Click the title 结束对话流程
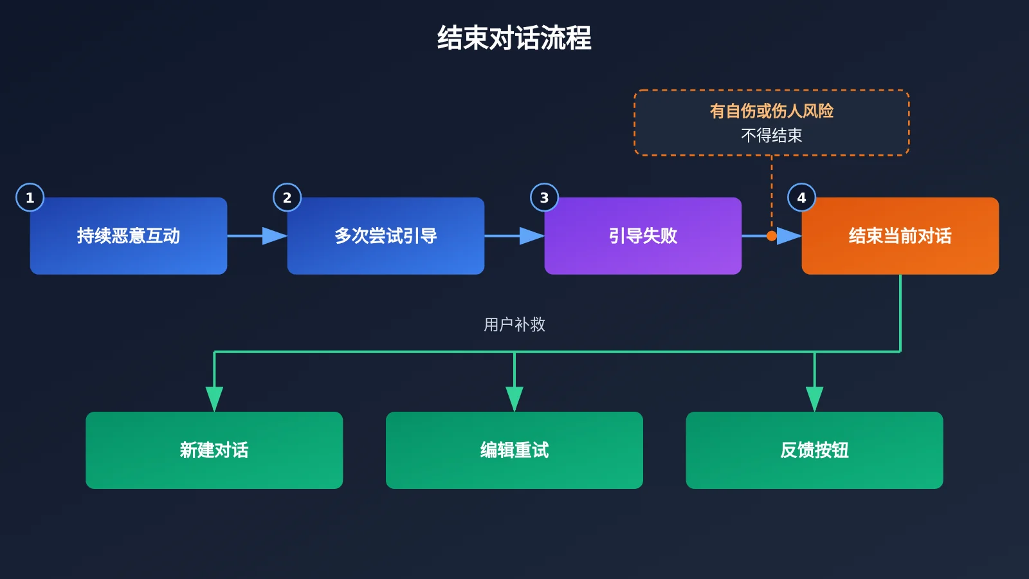pyautogui.click(x=514, y=38)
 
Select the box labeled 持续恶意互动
pyautogui.click(x=129, y=235)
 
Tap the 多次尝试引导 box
pyautogui.click(x=386, y=235)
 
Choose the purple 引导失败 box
pyautogui.click(x=643, y=235)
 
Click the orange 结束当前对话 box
pyautogui.click(x=900, y=235)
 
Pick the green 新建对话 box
pyautogui.click(x=214, y=450)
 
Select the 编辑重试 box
pyautogui.click(x=514, y=450)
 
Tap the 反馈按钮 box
pyautogui.click(x=814, y=450)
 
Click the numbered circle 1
pyautogui.click(x=30, y=198)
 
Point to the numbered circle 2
pyautogui.click(x=287, y=198)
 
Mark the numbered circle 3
pyautogui.click(x=544, y=198)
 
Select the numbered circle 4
pyautogui.click(x=801, y=198)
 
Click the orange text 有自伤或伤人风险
pyautogui.click(x=772, y=111)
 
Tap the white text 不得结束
pyautogui.click(x=772, y=136)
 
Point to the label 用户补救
pyautogui.click(x=514, y=324)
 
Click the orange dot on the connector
pyautogui.click(x=772, y=235)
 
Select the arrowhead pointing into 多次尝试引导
pyautogui.click(x=275, y=235)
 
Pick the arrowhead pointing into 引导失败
pyautogui.click(x=532, y=235)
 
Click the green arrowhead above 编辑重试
pyautogui.click(x=514, y=399)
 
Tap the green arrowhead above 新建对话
pyautogui.click(x=214, y=399)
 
